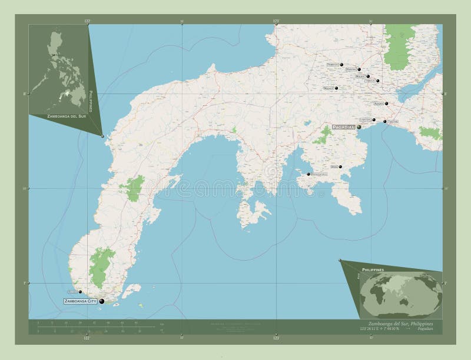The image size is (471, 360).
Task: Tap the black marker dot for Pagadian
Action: click(358, 127)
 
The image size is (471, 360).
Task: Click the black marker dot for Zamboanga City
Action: click(101, 301)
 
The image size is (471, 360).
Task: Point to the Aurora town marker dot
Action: click(387, 104)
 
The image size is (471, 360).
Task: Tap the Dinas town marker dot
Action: click(340, 167)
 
